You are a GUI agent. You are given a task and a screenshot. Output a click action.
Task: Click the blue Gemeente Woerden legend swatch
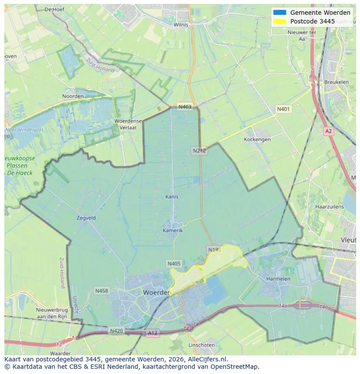[x=280, y=13]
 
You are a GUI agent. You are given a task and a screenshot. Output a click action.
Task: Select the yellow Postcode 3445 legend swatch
[x=280, y=21]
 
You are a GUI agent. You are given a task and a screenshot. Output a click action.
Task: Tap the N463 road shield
[x=185, y=107]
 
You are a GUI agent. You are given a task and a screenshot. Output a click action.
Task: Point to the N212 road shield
[x=199, y=151]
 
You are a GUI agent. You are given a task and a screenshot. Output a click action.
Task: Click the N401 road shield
[x=283, y=109]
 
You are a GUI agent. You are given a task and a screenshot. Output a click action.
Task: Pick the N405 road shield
[x=173, y=264]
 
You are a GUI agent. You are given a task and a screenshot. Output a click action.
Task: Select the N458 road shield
[x=102, y=291]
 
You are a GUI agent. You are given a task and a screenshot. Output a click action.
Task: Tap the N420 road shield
[x=116, y=331]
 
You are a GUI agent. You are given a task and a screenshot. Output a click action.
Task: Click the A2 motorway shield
[x=328, y=130]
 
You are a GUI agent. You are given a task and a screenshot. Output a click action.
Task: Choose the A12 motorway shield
[x=152, y=333]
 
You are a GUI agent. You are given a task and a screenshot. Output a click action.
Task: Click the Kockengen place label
[x=257, y=139]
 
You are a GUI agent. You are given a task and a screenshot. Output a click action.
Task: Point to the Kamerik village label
[x=173, y=230]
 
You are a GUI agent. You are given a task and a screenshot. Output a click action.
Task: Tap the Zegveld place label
[x=86, y=218]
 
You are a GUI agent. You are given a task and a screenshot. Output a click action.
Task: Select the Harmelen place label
[x=278, y=278]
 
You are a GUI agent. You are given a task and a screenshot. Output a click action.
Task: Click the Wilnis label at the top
[x=181, y=25]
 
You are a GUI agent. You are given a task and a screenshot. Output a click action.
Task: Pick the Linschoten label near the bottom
[x=201, y=345]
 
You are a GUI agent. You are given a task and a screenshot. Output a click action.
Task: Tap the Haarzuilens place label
[x=330, y=207]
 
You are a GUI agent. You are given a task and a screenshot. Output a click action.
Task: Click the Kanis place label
[x=172, y=197]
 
